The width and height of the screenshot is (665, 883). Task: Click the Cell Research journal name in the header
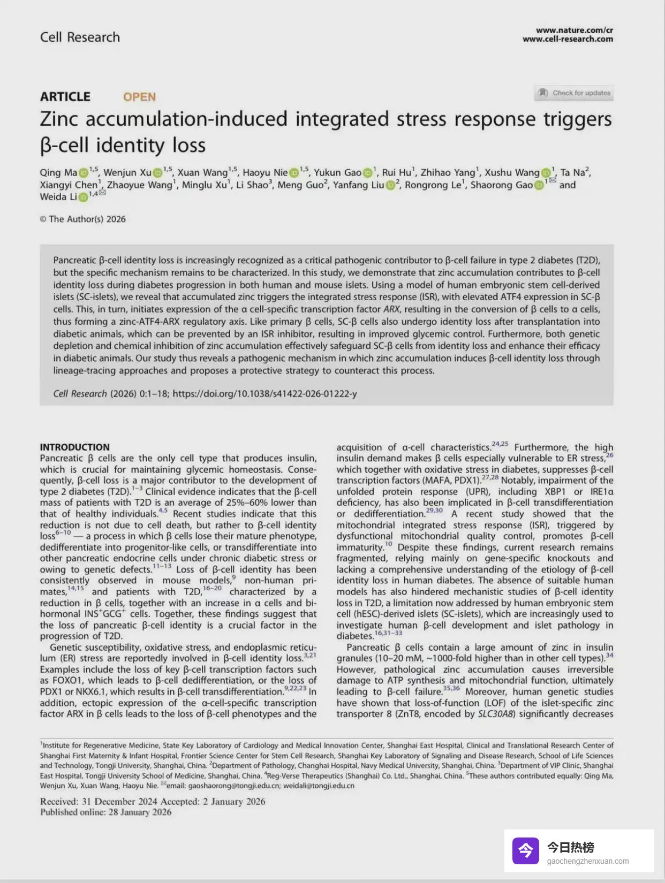[80, 37]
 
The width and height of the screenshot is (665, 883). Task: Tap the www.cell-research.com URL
[568, 39]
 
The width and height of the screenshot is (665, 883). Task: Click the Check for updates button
[574, 93]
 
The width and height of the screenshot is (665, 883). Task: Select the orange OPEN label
[139, 97]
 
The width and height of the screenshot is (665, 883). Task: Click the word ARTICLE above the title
[65, 97]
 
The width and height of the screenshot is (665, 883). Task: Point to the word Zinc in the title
[59, 119]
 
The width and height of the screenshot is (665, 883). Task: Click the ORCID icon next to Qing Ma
[84, 173]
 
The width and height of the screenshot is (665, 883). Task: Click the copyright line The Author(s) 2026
[83, 219]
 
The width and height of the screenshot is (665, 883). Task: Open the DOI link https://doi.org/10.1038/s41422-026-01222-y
[265, 394]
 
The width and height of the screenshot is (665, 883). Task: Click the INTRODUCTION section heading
[74, 447]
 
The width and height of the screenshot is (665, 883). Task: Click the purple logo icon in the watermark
[525, 851]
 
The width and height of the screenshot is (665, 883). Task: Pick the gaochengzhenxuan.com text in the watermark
[588, 861]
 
